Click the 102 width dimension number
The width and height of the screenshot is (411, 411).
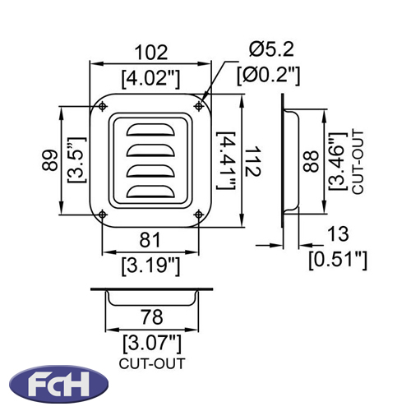151,53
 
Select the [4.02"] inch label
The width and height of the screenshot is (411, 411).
151,79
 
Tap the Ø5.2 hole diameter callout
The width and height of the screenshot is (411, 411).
271,49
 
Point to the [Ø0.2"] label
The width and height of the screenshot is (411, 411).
269,75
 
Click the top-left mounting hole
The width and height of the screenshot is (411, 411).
103,106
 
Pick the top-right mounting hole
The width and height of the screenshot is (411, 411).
199,106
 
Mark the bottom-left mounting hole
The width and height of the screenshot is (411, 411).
103,215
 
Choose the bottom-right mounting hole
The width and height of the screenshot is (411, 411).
199,215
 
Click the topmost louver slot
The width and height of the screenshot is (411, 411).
150,130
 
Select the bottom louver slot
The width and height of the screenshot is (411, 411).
150,192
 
